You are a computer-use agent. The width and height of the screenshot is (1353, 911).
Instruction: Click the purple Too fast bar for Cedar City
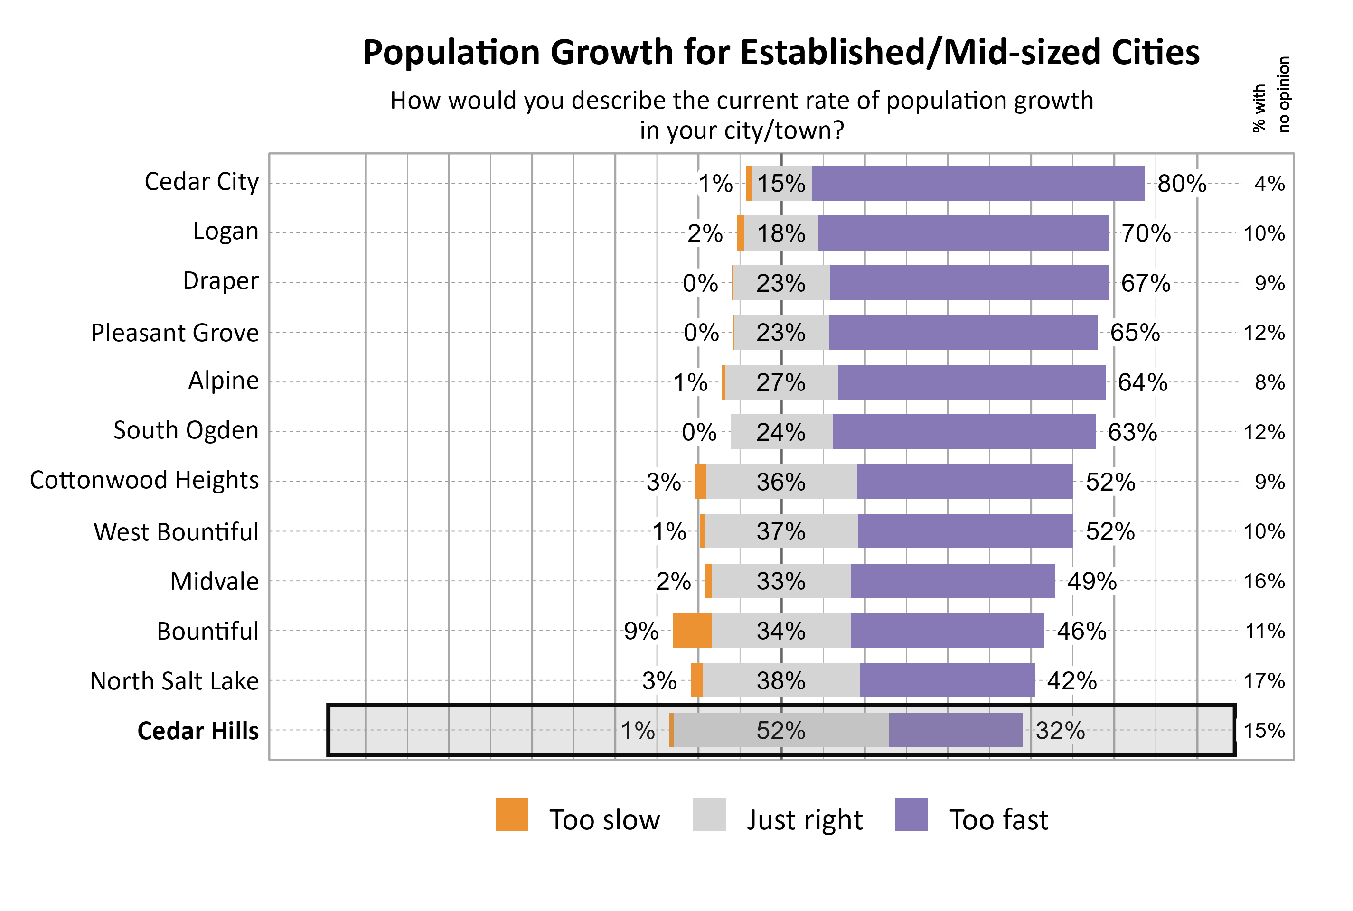click(977, 183)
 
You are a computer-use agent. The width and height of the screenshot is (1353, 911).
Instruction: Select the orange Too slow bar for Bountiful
click(692, 631)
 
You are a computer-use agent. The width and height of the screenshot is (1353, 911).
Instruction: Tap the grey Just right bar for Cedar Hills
click(780, 730)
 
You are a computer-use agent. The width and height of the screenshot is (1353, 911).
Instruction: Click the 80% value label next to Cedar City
click(1182, 184)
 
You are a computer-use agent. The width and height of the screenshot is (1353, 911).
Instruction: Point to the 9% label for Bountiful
click(640, 631)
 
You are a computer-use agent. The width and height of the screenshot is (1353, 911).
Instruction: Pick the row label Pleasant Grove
click(174, 333)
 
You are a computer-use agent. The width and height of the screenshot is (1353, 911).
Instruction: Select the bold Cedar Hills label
click(197, 730)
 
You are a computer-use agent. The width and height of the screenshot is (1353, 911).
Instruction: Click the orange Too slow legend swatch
click(511, 815)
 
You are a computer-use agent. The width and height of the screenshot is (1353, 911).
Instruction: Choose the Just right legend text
click(804, 819)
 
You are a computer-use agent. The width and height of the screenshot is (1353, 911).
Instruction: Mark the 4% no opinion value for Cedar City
click(1268, 184)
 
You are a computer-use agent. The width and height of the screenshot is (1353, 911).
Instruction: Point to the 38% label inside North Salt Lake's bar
click(780, 680)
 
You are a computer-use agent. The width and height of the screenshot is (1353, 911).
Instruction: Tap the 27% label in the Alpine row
click(780, 382)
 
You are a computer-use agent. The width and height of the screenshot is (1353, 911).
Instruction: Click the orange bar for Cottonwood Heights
click(700, 482)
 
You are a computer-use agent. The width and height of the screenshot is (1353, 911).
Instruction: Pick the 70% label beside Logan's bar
click(1145, 233)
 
